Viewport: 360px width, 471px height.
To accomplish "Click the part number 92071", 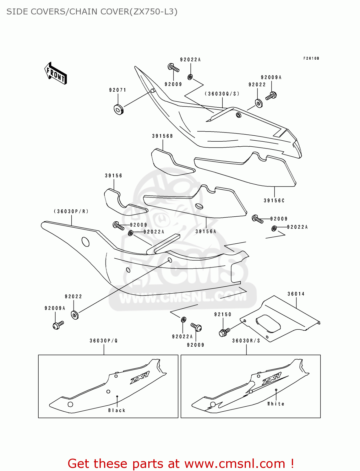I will pos(118,90).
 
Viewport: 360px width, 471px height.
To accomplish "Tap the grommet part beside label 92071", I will pos(118,109).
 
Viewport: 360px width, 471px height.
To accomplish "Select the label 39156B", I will pos(162,136).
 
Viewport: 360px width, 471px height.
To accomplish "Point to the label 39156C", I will pos(274,201).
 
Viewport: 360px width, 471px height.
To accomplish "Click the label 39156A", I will pos(206,231).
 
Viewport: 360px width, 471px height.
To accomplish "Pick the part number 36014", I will pos(296,294).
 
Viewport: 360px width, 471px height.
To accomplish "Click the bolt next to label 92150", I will pos(224,332).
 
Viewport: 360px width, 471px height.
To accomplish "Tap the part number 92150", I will pos(223,314).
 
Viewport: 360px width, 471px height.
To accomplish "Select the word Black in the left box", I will pos(117,410).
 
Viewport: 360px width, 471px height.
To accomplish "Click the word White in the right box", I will pos(276,404).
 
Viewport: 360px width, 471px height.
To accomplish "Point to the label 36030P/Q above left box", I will pos(104,341).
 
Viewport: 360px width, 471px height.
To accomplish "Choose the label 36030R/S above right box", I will pos(246,341).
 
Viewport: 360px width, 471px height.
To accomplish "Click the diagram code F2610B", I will pos(311,58).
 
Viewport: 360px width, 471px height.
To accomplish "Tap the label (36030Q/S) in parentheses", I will pos(222,94).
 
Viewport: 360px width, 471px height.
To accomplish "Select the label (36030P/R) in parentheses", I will pos(71,211).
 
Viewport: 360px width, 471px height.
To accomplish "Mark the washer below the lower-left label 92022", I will pos(75,315).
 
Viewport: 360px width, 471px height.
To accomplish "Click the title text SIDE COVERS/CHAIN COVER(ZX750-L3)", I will pos(92,12).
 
